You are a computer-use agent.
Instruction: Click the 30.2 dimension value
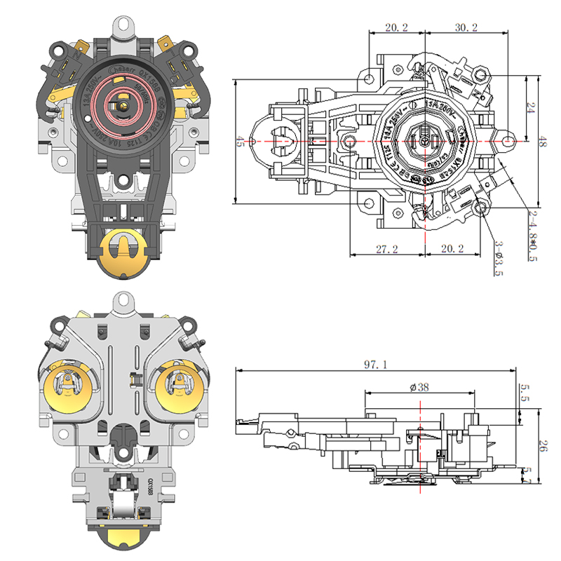pyautogui.click(x=466, y=28)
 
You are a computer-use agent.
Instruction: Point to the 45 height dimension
pyautogui.click(x=240, y=142)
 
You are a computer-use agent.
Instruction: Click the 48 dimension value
pyautogui.click(x=542, y=142)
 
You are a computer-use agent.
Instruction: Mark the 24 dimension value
pyautogui.click(x=531, y=109)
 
